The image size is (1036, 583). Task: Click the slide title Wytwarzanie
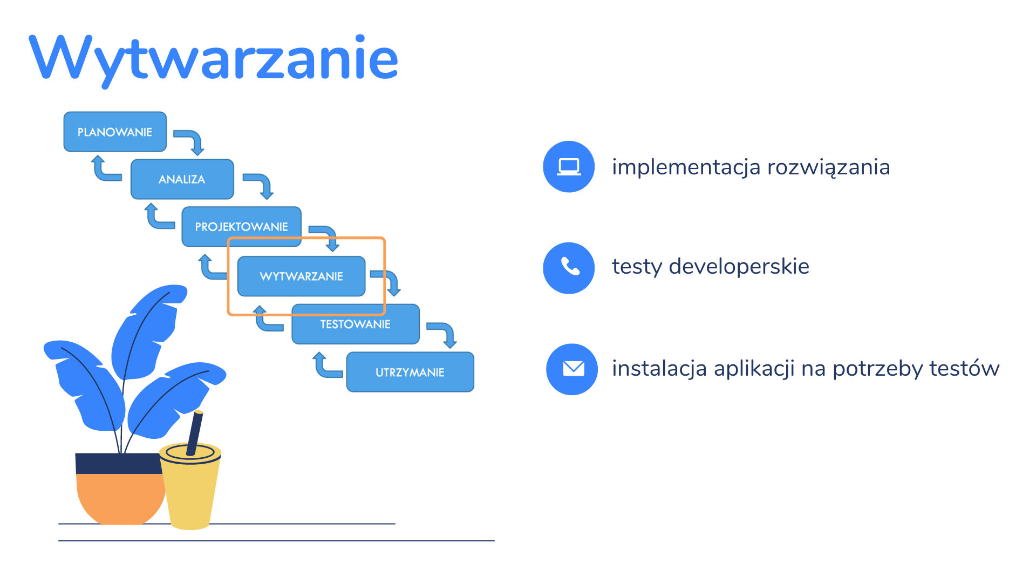[214, 58]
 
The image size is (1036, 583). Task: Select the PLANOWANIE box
[115, 132]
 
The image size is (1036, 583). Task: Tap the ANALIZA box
[182, 179]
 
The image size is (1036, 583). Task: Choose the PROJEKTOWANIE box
[241, 227]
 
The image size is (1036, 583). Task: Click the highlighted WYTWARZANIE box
[302, 276]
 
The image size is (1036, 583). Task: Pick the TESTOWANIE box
[356, 324]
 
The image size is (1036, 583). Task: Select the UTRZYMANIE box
[410, 372]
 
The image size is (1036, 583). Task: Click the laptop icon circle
[569, 167]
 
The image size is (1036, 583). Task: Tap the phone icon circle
[569, 268]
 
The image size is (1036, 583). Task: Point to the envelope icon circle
[572, 369]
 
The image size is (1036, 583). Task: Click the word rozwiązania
[828, 167]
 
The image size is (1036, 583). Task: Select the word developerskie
[739, 267]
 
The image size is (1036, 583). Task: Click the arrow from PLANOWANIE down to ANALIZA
[192, 139]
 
